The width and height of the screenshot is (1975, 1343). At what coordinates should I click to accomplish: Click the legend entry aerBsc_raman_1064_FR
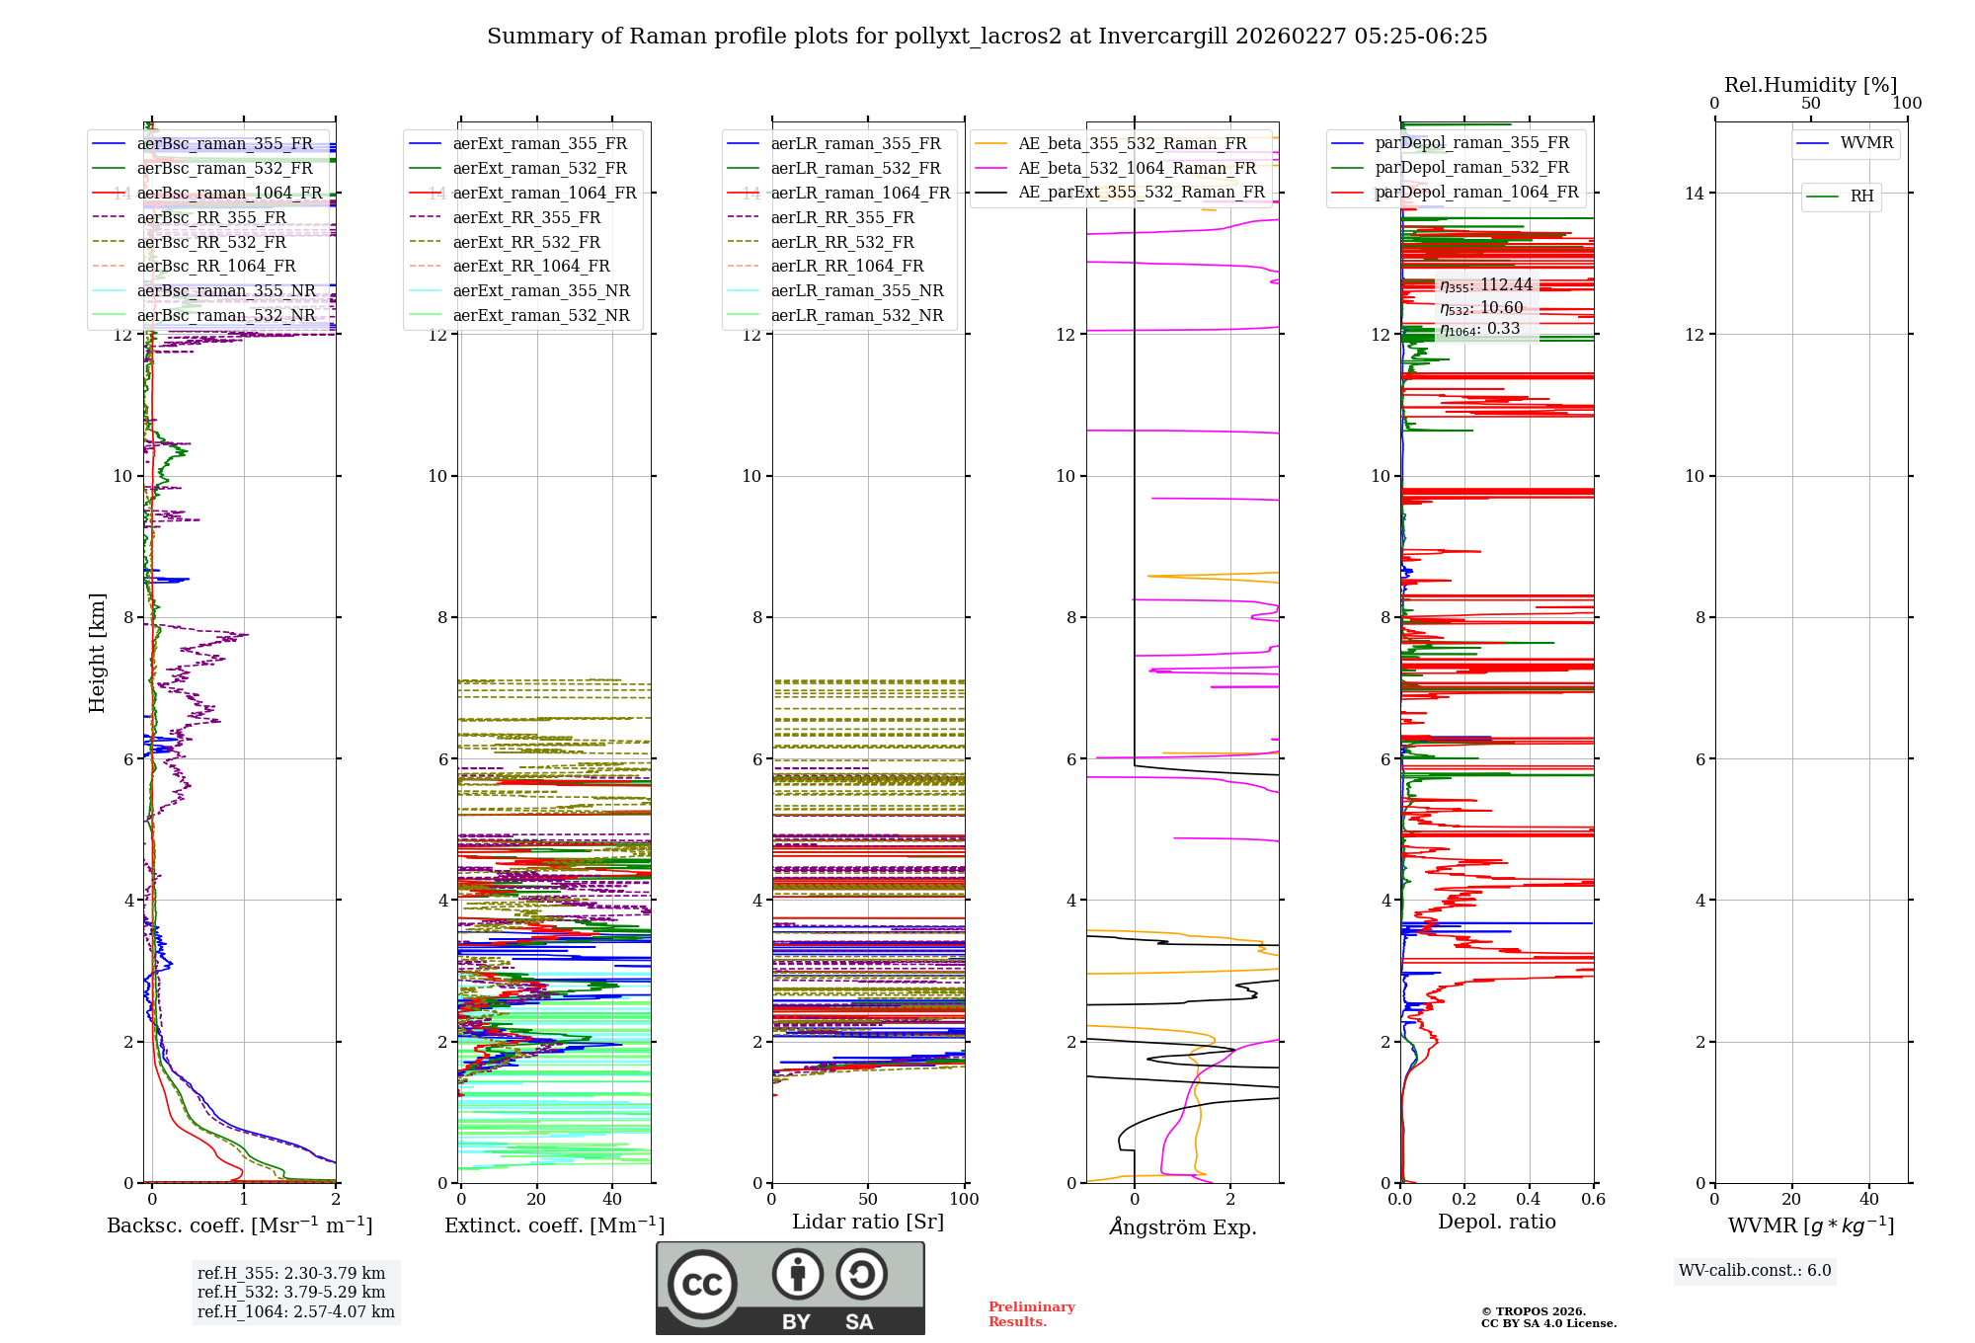click(229, 193)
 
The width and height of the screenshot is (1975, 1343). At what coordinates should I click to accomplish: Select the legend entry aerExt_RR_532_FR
click(526, 242)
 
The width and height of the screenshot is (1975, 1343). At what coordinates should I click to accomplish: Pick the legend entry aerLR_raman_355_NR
click(856, 290)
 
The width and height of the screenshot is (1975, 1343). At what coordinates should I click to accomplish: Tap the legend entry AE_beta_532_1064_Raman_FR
click(1137, 168)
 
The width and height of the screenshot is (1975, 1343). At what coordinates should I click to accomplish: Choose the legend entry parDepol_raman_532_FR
click(1471, 168)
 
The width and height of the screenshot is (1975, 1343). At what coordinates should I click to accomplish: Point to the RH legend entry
click(1861, 197)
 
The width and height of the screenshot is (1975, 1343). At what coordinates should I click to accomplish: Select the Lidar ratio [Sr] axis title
click(868, 1222)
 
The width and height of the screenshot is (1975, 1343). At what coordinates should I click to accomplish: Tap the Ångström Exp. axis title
click(1182, 1227)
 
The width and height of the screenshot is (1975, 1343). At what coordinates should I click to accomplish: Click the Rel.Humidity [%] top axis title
click(1810, 85)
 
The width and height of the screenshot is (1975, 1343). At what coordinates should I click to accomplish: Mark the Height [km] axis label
click(97, 652)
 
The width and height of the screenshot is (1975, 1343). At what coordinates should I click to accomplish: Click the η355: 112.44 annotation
click(1485, 285)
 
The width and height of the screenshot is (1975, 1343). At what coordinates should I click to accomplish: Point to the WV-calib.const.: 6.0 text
click(1755, 1271)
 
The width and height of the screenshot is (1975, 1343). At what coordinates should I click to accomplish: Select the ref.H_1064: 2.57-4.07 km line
click(295, 1312)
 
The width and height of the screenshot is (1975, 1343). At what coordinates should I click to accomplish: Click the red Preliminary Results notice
click(1031, 1314)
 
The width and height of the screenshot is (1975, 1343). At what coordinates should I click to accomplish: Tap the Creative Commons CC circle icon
click(702, 1284)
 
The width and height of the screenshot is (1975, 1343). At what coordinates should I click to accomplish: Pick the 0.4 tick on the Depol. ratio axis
click(1529, 1200)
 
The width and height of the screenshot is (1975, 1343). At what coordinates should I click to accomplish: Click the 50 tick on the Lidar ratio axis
click(868, 1200)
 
